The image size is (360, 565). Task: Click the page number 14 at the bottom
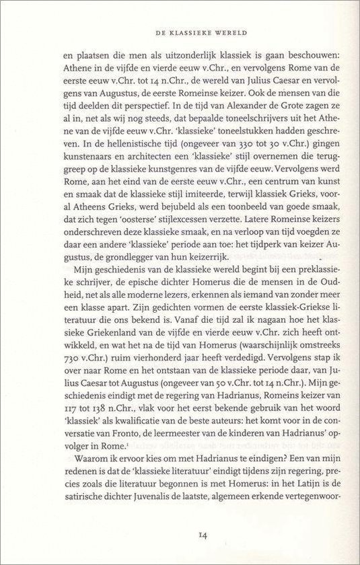180,535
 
